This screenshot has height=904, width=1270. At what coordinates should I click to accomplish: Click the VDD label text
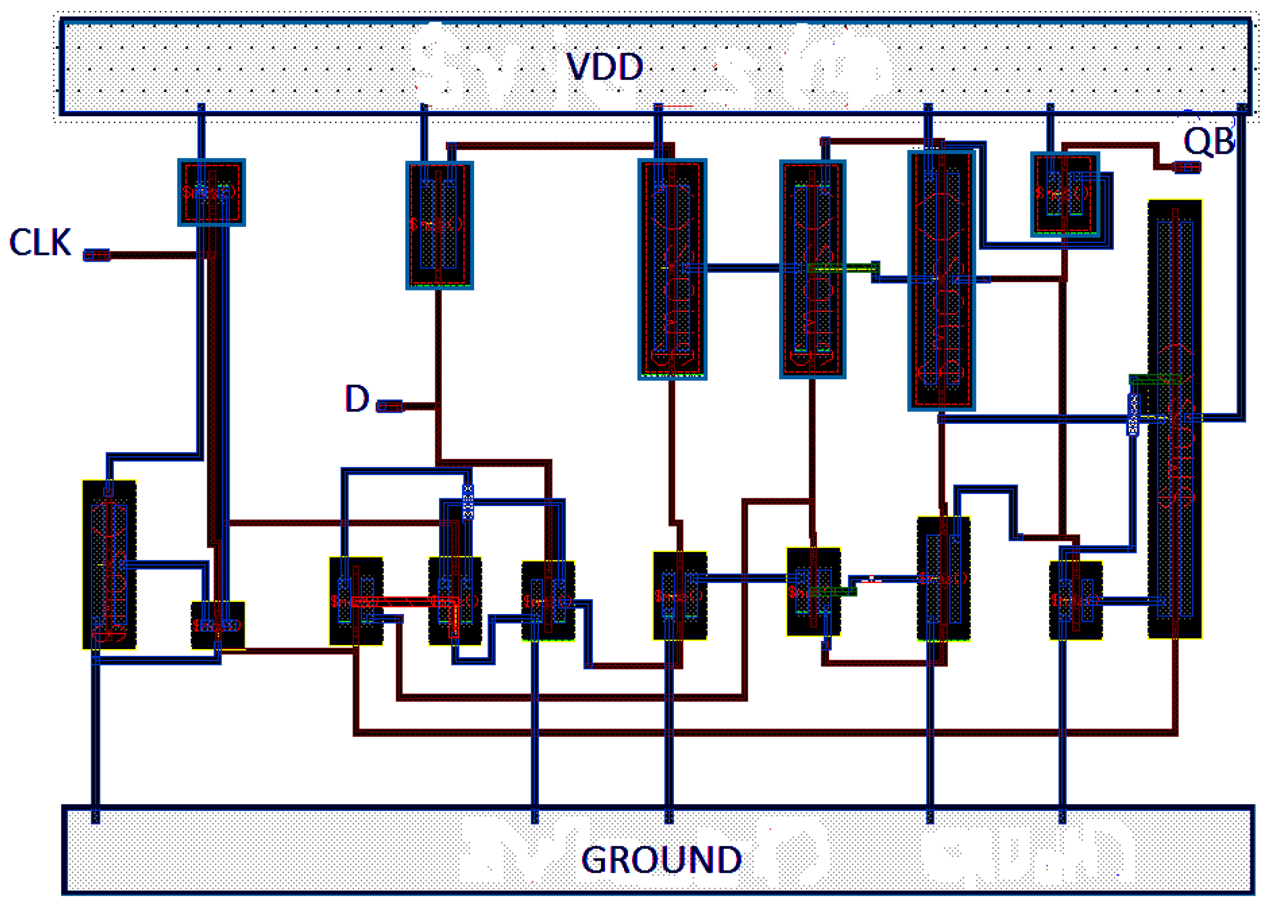[605, 67]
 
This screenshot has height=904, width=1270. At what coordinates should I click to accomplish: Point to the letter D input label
[356, 398]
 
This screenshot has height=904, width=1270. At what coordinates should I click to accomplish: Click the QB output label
[1208, 142]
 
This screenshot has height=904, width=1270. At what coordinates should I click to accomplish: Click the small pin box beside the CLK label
[97, 255]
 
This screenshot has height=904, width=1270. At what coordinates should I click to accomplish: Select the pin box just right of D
[389, 406]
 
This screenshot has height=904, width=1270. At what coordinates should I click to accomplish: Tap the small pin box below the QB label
[1186, 167]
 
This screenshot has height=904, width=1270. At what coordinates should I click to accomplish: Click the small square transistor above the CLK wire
[211, 192]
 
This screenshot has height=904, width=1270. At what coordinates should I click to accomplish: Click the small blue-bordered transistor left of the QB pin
[1064, 194]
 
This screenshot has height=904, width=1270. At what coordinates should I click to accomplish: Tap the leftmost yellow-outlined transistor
[109, 564]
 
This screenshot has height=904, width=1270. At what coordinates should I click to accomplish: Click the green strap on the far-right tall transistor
[1154, 380]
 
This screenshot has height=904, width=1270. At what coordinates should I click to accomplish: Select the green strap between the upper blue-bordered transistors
[843, 268]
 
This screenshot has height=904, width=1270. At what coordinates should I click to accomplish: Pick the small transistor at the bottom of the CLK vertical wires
[218, 625]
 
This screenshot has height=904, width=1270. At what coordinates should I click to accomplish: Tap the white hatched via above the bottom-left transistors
[468, 502]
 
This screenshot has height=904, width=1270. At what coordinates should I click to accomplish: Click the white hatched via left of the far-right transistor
[1133, 414]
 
